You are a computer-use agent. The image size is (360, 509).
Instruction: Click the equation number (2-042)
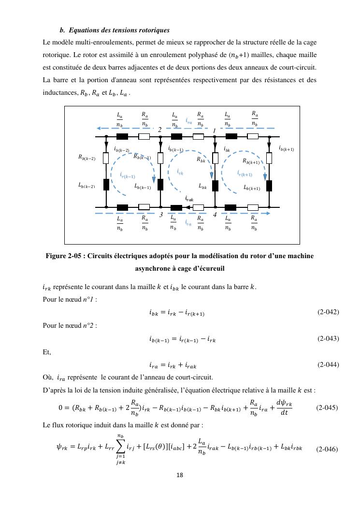point(328,312)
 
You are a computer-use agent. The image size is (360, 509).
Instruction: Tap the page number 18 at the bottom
point(180,475)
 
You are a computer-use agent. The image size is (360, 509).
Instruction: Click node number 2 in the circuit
point(159,130)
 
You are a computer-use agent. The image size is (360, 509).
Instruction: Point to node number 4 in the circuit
point(214,215)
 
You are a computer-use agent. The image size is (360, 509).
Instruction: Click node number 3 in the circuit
point(160,215)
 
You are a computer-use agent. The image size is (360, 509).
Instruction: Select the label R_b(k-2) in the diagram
point(87,157)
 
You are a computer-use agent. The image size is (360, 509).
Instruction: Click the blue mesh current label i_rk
point(180,172)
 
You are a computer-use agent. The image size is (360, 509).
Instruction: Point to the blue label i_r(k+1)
point(245,174)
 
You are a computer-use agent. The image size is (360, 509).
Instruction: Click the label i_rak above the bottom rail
point(189,199)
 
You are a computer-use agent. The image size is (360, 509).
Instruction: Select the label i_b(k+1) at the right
point(287,148)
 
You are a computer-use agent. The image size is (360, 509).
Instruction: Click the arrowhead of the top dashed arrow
point(99,128)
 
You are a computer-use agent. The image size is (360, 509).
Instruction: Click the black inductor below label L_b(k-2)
point(106,185)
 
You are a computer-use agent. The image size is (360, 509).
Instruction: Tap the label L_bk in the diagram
point(203,186)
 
